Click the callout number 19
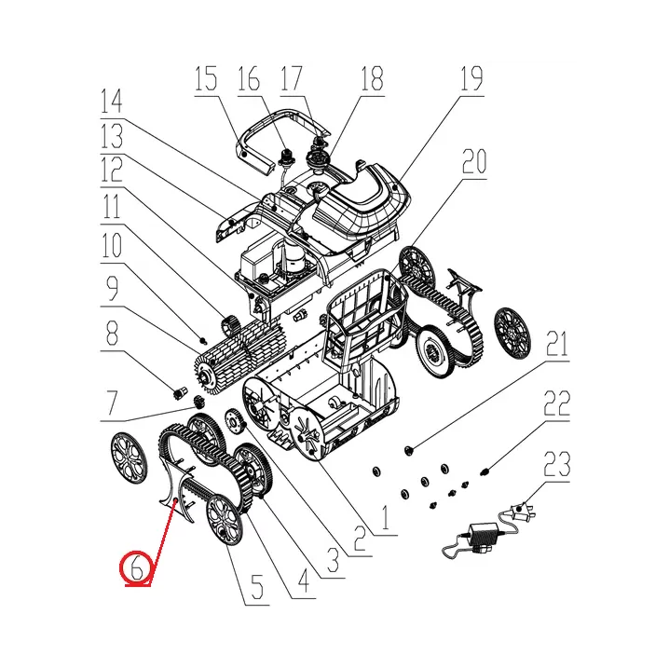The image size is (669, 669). (x=471, y=79)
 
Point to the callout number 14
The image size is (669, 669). (x=114, y=100)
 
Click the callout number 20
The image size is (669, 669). (x=473, y=164)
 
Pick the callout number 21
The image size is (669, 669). (x=556, y=348)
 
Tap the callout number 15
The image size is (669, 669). (x=206, y=79)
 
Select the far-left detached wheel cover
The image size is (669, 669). (x=128, y=457)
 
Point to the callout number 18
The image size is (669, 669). (x=372, y=79)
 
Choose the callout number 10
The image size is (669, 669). (x=113, y=247)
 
